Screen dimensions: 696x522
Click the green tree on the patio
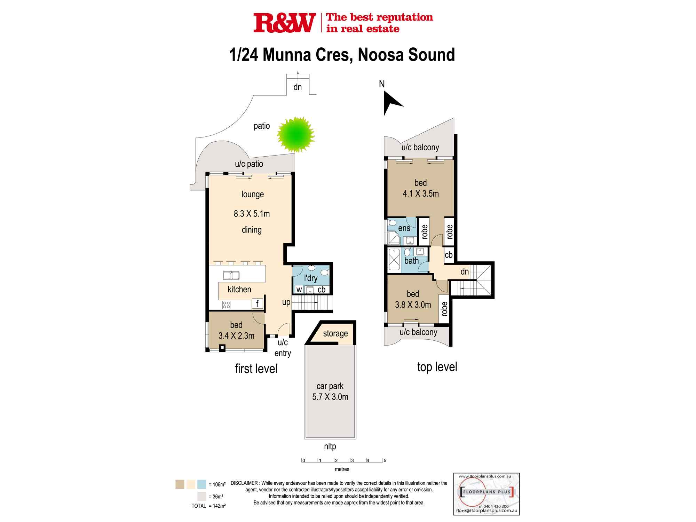(x=296, y=135)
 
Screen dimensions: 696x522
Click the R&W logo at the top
(x=284, y=23)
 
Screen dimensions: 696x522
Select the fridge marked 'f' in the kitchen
(x=257, y=304)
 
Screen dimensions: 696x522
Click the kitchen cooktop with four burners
(x=226, y=305)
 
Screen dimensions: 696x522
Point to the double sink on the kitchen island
(x=231, y=275)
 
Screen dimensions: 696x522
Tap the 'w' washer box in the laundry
(x=299, y=290)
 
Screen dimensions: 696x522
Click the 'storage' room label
(x=335, y=333)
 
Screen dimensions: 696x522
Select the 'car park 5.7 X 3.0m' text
(x=330, y=391)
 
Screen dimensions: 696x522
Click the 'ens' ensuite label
(x=404, y=228)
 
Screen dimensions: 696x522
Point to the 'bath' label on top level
(x=411, y=260)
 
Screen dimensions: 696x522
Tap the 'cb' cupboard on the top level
(x=449, y=255)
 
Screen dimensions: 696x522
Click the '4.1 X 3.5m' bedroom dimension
(x=421, y=194)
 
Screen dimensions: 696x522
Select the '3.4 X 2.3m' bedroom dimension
(x=236, y=336)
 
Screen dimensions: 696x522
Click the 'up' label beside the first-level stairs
(x=286, y=302)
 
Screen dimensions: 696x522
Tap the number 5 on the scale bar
(x=385, y=460)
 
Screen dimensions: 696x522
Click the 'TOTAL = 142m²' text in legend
(x=208, y=506)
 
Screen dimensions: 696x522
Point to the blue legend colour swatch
(x=201, y=484)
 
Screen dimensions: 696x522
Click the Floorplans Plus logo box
(x=487, y=494)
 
